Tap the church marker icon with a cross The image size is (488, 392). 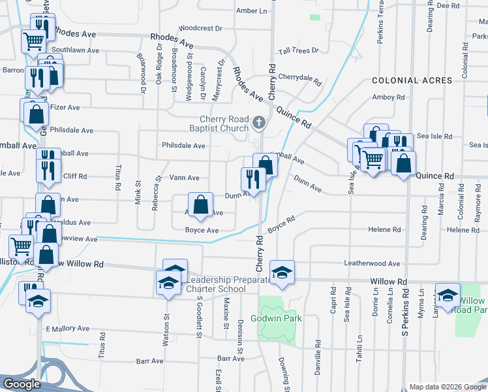[260, 122]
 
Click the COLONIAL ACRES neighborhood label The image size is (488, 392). [412, 80]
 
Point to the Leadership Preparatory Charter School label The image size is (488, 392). [225, 284]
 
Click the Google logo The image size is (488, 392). [22, 384]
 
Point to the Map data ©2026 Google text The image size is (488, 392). [447, 386]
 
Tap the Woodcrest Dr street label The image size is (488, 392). [200, 29]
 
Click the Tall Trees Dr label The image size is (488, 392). [298, 50]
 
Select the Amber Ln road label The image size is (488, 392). [252, 11]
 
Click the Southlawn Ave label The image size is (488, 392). [76, 50]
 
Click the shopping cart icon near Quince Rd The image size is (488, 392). [372, 159]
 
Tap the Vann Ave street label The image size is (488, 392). [184, 178]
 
